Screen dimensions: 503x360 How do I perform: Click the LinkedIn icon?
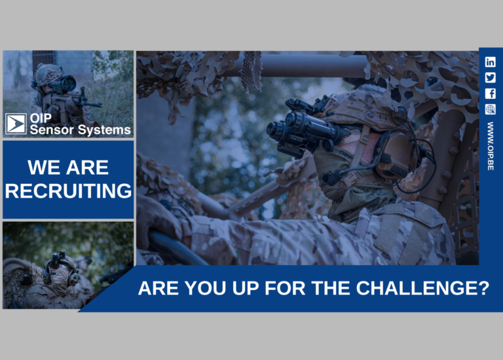(x=490, y=62)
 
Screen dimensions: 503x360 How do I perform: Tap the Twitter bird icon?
(x=490, y=78)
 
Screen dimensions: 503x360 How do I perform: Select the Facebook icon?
(x=490, y=94)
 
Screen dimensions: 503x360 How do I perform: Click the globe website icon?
(x=490, y=109)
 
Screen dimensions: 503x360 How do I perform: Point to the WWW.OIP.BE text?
(x=490, y=146)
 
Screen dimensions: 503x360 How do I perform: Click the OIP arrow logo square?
(x=16, y=124)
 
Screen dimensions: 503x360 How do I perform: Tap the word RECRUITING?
(x=68, y=190)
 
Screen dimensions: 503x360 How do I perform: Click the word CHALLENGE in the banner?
(x=422, y=288)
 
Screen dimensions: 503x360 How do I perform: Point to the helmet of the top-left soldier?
(x=48, y=75)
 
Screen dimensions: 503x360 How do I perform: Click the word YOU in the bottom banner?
(x=206, y=288)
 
